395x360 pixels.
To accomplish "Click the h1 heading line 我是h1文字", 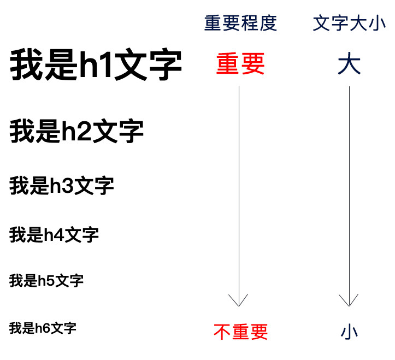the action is tap(96, 66).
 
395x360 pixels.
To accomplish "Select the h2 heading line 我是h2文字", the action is tap(76, 132).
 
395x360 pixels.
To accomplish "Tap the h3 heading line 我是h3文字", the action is tap(62, 186).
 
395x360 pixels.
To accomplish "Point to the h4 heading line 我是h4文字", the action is tap(54, 235).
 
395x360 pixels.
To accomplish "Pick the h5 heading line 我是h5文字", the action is tap(46, 281).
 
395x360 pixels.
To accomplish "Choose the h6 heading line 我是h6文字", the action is tap(43, 328).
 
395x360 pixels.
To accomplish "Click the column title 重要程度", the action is tap(240, 23).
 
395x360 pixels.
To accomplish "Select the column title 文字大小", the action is tap(349, 23).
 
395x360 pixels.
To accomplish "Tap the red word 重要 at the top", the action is tap(240, 64).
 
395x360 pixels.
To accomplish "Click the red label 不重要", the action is tap(240, 331).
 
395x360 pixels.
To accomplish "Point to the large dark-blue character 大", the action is tap(349, 64).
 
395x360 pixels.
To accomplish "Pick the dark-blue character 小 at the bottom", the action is tap(349, 331).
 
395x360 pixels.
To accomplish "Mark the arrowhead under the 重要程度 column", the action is tap(239, 300).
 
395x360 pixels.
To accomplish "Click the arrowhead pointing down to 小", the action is tap(349, 300).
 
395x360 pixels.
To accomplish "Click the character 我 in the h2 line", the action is tap(22, 132).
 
